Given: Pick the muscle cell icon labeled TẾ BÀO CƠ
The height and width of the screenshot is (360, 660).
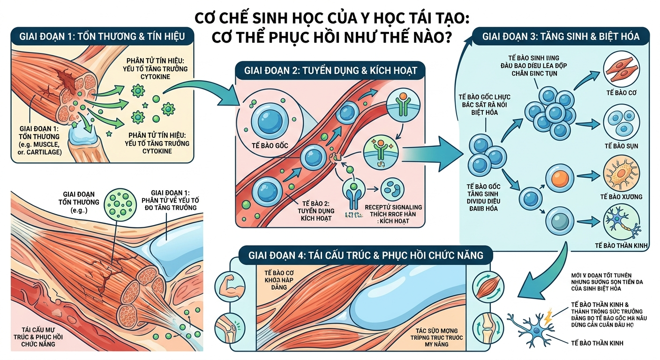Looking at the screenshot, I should point(622,68).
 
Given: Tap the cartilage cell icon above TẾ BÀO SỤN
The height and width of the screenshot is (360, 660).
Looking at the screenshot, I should point(622,123).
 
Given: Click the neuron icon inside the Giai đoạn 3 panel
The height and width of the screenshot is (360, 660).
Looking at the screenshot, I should point(622,224).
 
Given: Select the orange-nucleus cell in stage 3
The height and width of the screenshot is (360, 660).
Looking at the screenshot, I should point(560,179).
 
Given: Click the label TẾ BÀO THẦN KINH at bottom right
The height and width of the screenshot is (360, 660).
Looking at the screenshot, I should point(598,343).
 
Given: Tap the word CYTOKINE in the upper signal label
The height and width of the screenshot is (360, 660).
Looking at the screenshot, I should point(157,77).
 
